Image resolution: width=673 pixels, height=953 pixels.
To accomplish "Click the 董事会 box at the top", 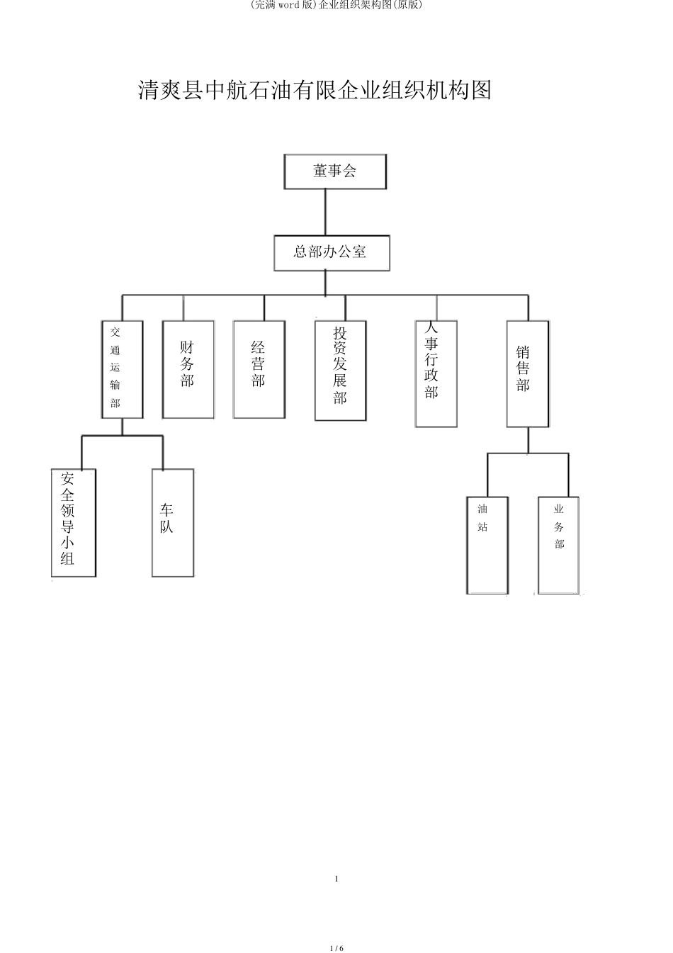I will click(335, 171).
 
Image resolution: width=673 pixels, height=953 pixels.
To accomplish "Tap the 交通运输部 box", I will click(123, 369).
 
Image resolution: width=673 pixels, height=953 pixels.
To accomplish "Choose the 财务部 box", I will click(188, 369).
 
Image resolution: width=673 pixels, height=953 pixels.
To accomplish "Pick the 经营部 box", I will click(259, 369).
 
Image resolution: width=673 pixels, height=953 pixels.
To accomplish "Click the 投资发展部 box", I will click(341, 371).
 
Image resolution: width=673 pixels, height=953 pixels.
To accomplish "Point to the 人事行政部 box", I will click(436, 373).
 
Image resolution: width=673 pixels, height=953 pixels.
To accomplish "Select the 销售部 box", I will click(527, 373).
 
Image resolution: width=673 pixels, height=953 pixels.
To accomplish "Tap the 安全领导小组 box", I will click(73, 522).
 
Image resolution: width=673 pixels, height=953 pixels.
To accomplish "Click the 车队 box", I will click(173, 522).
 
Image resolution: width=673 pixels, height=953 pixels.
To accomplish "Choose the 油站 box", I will click(487, 545).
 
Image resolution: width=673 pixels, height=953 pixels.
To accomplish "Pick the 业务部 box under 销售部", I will click(558, 545).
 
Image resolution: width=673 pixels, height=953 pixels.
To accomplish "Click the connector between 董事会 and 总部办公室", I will click(325, 213).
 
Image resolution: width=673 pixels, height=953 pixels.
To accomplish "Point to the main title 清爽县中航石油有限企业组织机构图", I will click(315, 91).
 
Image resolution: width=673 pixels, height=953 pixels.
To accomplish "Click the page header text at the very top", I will click(336, 6).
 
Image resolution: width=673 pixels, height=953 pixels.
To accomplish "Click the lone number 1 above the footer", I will click(336, 879).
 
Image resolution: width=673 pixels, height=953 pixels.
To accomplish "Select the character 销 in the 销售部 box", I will click(524, 351).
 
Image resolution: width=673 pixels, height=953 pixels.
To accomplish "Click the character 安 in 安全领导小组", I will click(68, 478).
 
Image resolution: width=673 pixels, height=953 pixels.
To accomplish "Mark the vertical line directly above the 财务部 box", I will click(183, 308).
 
